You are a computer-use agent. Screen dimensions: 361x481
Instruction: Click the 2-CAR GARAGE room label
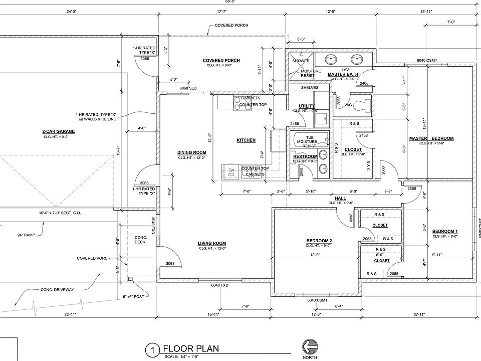(59, 131)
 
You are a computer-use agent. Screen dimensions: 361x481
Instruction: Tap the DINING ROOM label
(192, 152)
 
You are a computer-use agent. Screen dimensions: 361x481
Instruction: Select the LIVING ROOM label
(212, 243)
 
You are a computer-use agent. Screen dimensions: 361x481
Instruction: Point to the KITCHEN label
(246, 140)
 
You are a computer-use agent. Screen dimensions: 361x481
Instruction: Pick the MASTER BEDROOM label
(431, 138)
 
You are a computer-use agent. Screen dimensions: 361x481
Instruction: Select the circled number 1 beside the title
(150, 349)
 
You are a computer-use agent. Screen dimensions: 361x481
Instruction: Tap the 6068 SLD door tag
(188, 89)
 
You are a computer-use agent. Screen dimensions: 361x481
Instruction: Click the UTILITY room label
(306, 106)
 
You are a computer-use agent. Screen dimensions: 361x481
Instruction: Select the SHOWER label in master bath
(301, 61)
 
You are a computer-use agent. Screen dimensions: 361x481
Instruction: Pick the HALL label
(340, 198)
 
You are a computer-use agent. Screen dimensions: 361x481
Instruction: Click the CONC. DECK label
(140, 239)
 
